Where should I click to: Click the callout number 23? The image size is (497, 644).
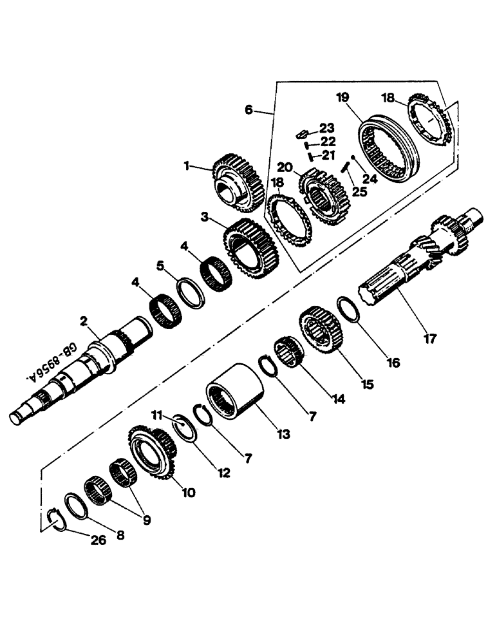327,128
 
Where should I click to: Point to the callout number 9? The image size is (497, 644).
147,519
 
